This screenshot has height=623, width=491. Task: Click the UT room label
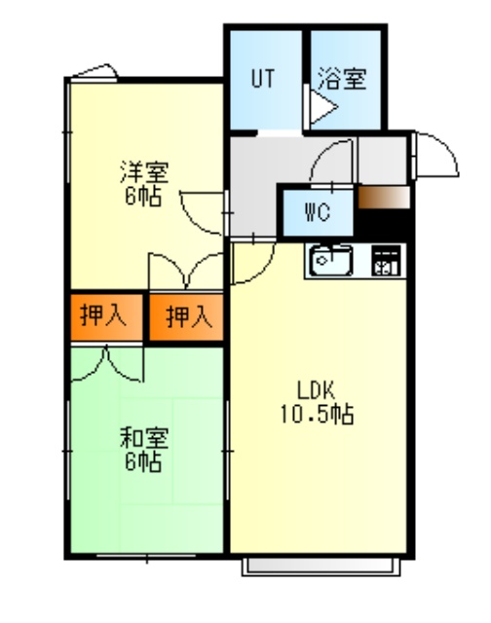(263, 78)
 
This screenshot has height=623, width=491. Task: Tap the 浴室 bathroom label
(342, 79)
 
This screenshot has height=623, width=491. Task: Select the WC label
(318, 212)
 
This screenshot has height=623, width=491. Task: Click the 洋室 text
(144, 171)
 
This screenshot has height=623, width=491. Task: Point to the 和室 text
(144, 438)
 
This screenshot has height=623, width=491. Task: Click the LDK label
(317, 390)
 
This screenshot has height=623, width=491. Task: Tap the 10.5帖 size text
(318, 414)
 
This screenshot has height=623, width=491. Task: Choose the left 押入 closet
(106, 317)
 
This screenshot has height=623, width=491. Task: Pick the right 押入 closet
(186, 317)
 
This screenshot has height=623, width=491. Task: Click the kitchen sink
(331, 261)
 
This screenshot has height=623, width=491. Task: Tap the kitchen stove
(386, 261)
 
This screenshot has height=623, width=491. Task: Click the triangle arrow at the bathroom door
(323, 107)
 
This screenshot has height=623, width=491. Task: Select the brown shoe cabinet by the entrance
(384, 197)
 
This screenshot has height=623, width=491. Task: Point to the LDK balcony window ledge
(321, 567)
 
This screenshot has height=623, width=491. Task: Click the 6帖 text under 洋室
(143, 196)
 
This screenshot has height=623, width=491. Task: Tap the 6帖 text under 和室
(143, 461)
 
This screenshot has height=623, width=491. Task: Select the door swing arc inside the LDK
(264, 272)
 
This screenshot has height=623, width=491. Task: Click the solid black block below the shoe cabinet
(384, 225)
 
